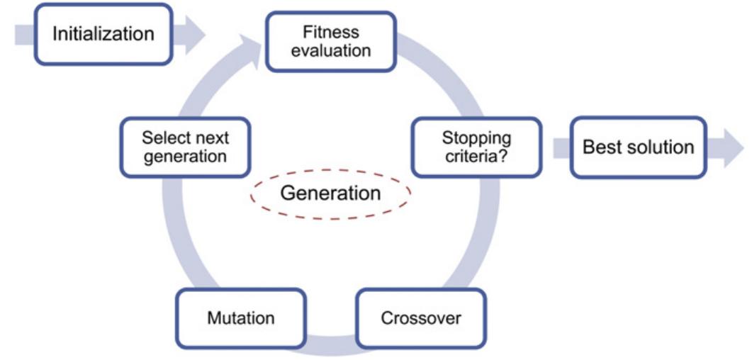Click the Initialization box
click(103, 33)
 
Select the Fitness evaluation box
click(330, 41)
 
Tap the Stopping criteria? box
click(476, 147)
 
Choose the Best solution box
click(638, 147)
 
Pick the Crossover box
click(421, 317)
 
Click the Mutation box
click(240, 317)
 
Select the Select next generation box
click(185, 147)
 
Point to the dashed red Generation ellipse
click(330, 193)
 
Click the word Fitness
click(331, 32)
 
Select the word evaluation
click(331, 50)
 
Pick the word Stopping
click(476, 137)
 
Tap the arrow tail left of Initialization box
click(23, 33)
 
